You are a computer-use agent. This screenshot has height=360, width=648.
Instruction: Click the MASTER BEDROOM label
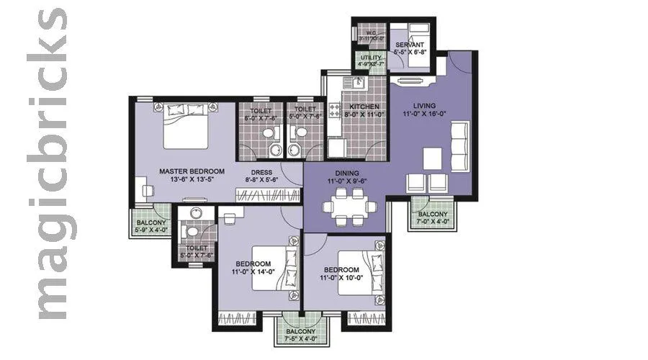(192, 171)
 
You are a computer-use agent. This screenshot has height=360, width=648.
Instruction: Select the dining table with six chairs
(349, 207)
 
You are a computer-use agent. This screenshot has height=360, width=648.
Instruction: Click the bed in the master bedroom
(186, 126)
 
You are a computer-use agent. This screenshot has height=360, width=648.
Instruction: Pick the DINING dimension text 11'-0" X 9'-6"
(346, 181)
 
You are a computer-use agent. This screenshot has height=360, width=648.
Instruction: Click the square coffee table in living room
(432, 158)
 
